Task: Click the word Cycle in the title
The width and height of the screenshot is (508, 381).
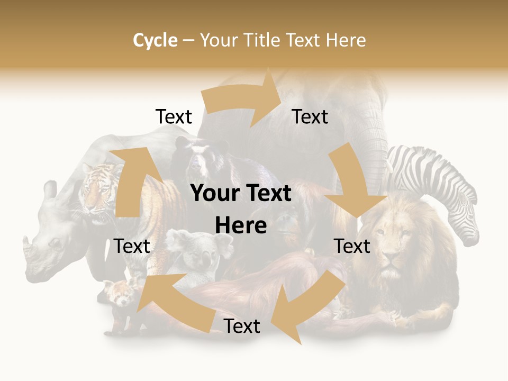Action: (x=155, y=40)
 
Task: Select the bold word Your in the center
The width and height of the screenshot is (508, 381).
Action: (x=215, y=194)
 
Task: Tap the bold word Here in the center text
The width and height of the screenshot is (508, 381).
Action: (x=241, y=226)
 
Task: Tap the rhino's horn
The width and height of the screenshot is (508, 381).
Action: (x=29, y=249)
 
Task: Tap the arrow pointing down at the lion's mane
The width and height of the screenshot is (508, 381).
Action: (x=355, y=185)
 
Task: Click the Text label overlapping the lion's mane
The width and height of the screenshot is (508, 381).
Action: (x=352, y=247)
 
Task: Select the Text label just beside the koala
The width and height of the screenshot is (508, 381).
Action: (x=132, y=247)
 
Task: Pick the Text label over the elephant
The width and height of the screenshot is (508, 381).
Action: (x=310, y=117)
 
